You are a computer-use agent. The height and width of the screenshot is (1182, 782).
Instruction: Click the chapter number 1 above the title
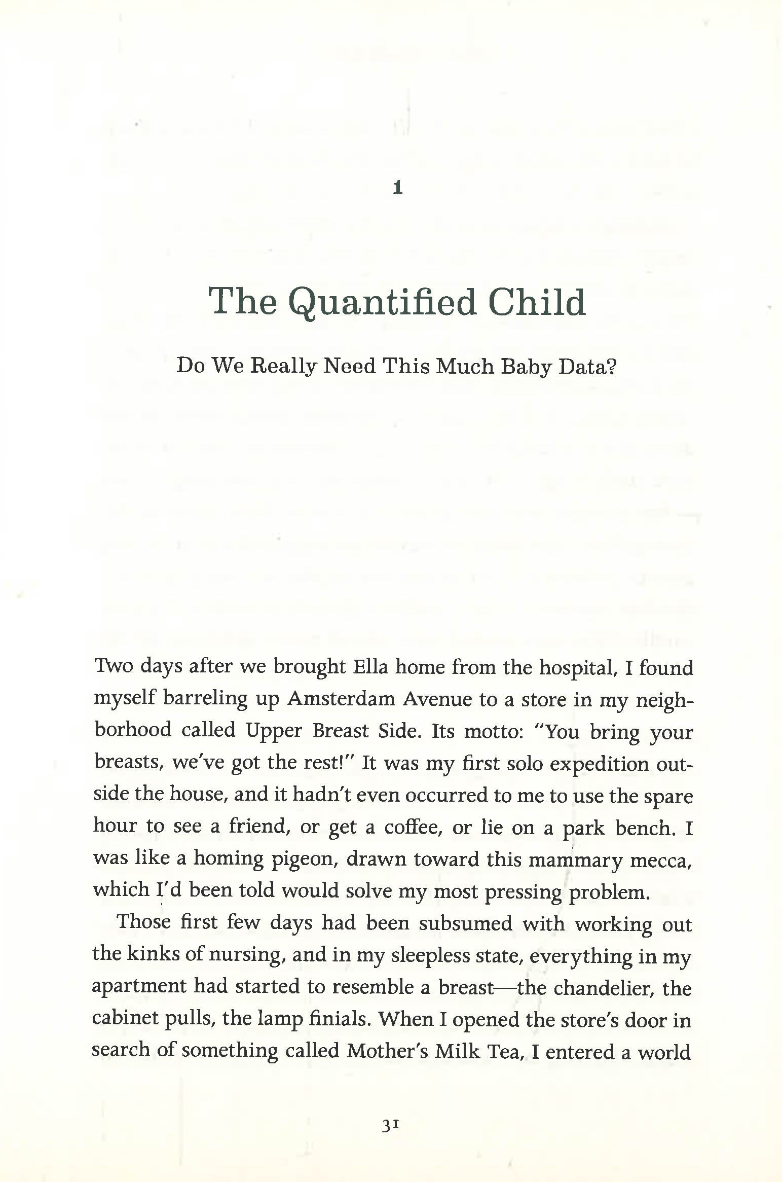(x=398, y=189)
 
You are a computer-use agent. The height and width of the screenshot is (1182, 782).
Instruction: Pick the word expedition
(x=599, y=763)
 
